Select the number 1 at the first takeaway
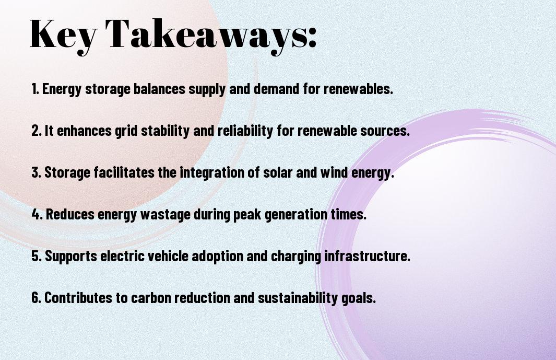pos(34,89)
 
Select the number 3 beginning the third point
pos(35,172)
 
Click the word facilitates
pos(124,172)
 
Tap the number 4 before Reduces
pos(36,214)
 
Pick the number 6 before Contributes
pos(36,297)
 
